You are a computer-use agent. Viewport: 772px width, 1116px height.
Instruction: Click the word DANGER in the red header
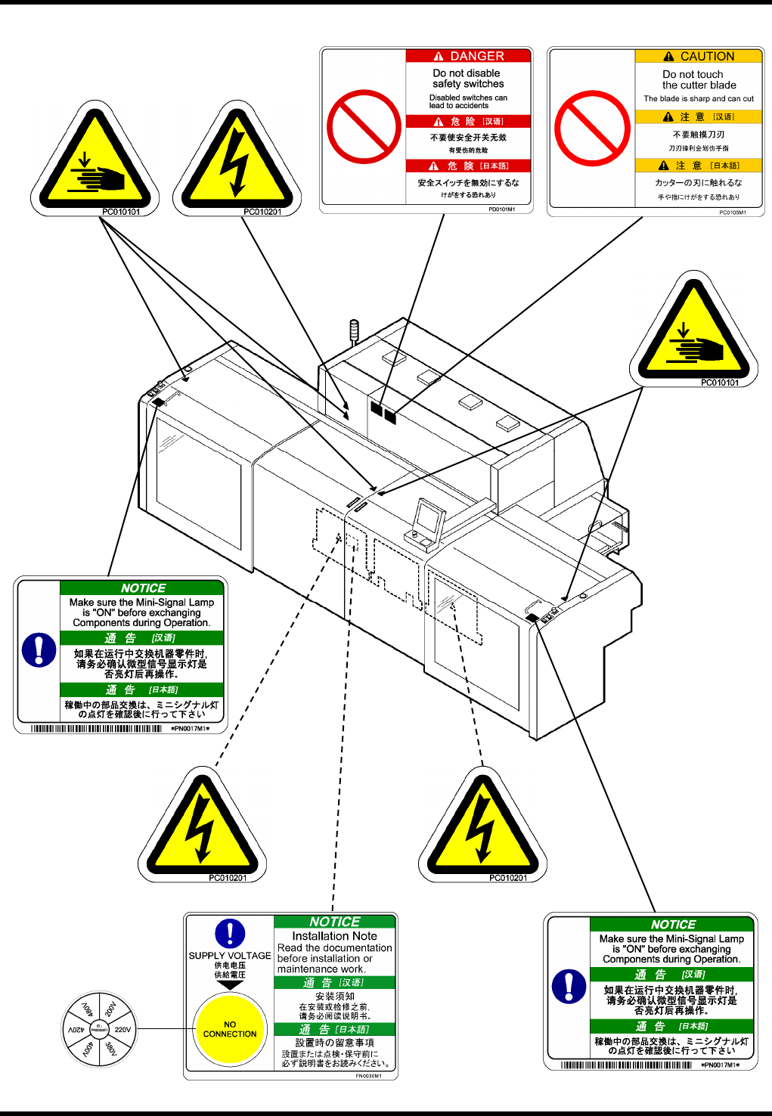476,56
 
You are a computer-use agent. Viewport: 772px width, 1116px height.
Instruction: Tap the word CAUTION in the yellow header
707,56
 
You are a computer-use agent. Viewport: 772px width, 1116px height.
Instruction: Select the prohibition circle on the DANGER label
364,127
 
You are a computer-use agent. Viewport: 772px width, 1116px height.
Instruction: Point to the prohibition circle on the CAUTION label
592,128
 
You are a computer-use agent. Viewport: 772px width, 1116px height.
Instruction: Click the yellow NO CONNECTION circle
230,1029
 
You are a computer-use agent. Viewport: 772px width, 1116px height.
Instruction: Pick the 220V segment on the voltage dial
122,1029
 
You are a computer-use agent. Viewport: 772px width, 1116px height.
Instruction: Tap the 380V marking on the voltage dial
111,1049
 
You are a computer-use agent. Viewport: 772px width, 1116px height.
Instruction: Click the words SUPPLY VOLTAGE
230,956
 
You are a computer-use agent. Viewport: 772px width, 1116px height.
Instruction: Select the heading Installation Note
334,936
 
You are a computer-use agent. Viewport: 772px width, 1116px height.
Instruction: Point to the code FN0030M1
369,1076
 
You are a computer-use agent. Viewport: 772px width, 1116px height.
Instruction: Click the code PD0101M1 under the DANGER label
502,209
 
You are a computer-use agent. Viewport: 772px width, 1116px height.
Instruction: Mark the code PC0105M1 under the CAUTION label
733,212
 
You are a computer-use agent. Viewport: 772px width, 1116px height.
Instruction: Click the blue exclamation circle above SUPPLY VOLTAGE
230,934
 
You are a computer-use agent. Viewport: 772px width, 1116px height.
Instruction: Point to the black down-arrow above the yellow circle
230,985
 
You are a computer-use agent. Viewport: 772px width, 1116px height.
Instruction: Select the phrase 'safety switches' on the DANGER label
468,84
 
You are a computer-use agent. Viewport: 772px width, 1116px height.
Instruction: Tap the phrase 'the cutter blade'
699,85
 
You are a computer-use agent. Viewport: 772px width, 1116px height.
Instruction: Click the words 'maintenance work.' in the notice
321,969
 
